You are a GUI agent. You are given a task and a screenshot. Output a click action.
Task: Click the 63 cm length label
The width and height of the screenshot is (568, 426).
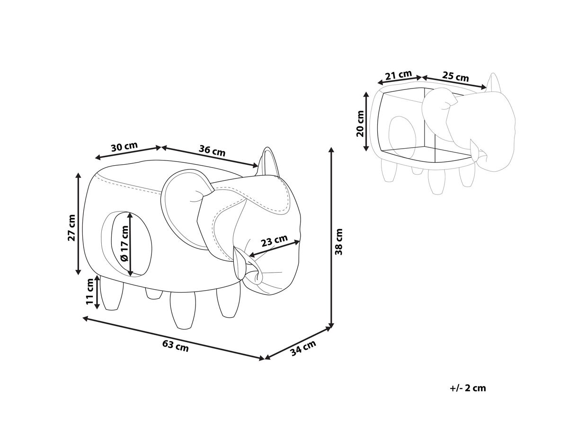pos(176,346)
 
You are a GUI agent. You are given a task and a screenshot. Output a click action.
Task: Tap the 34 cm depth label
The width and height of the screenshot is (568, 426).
pos(303,348)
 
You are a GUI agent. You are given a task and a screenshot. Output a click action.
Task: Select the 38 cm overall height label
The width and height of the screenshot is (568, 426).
pos(339,241)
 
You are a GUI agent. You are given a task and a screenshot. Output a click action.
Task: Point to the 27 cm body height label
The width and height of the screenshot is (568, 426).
pos(71,228)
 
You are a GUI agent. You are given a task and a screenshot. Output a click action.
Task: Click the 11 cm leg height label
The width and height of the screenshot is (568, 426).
pos(90,292)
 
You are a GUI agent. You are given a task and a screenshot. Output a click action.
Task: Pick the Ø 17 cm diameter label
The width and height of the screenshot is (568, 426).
pos(124,243)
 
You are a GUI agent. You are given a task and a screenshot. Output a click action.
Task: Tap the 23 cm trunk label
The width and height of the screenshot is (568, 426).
pos(274,240)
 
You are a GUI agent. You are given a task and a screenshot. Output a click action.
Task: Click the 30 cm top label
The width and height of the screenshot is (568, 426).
pos(124,147)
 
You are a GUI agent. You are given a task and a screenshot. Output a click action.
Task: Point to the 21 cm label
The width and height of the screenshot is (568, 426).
pos(399,75)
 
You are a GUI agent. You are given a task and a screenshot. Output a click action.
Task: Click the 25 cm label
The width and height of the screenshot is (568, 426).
pos(455,76)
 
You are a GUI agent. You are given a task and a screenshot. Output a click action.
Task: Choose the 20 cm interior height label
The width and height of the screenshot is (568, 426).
pos(360,124)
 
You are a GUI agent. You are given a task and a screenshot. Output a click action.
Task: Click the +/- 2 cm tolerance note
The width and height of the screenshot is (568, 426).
pos(468,396)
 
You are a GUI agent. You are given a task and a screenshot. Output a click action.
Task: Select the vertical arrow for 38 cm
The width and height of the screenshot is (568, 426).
pos(331,238)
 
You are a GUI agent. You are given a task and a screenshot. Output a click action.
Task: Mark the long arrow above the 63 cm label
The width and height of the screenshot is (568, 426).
pos(174,338)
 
